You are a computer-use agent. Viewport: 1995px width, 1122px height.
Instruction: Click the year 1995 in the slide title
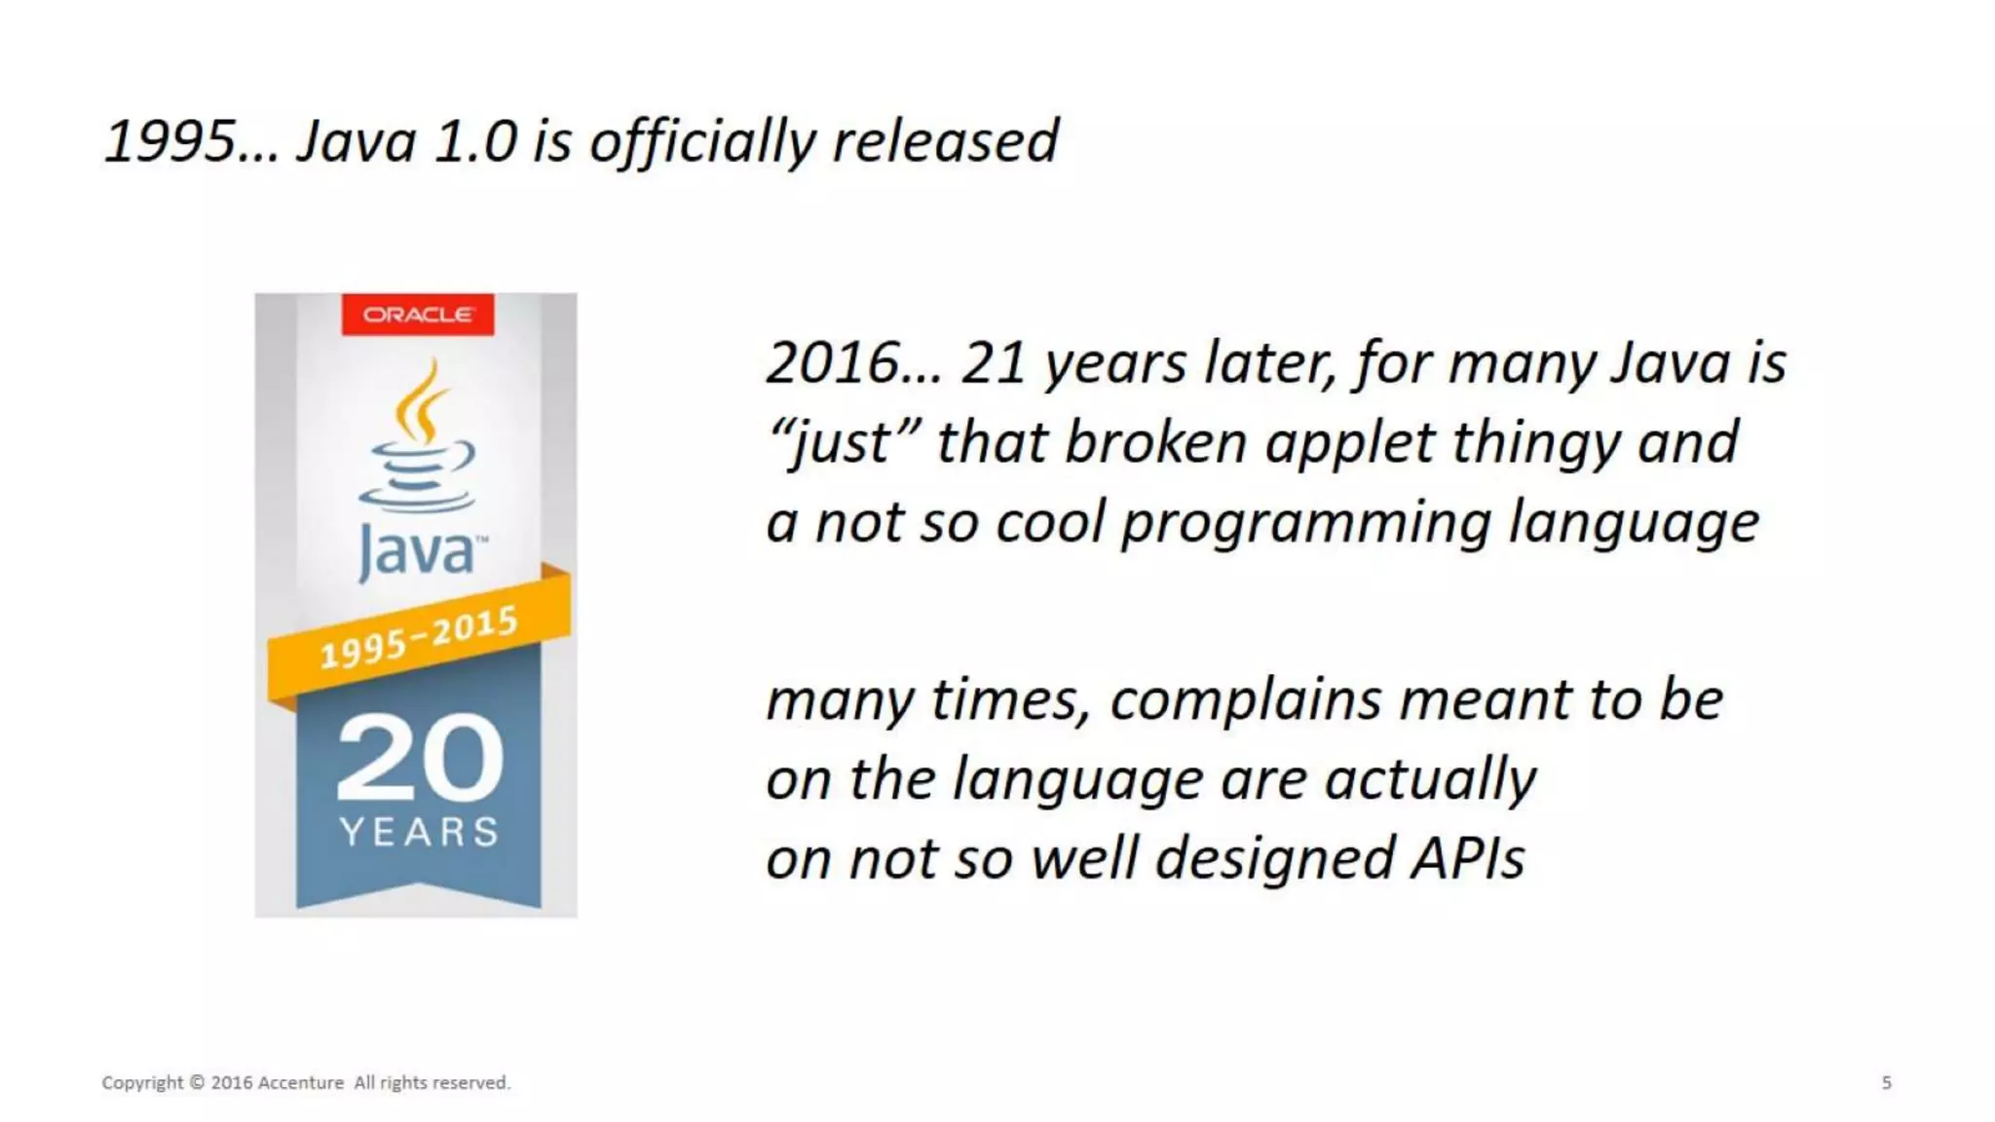coord(169,141)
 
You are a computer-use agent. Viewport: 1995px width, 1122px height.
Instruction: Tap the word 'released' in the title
coord(944,141)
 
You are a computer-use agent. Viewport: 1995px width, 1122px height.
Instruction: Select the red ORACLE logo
coord(418,315)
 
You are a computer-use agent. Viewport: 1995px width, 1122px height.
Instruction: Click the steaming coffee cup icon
coord(418,438)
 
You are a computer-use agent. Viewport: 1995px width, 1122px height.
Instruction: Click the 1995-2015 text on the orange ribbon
coord(419,638)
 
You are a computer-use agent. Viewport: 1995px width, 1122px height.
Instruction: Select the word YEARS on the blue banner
coord(419,832)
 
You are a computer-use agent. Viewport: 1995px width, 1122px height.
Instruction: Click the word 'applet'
coord(1349,443)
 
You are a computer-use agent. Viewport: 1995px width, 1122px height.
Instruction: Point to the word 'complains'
coord(1245,700)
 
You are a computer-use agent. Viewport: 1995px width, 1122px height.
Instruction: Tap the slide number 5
coord(1886,1083)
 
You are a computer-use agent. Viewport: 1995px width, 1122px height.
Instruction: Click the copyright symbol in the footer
coord(197,1083)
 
